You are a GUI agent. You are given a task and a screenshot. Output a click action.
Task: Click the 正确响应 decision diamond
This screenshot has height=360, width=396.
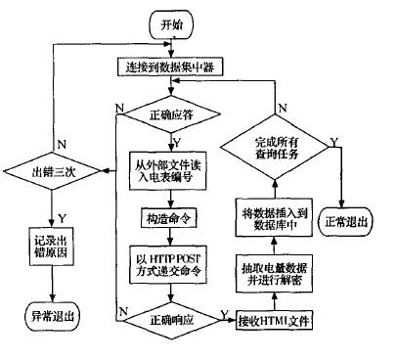point(172,319)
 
